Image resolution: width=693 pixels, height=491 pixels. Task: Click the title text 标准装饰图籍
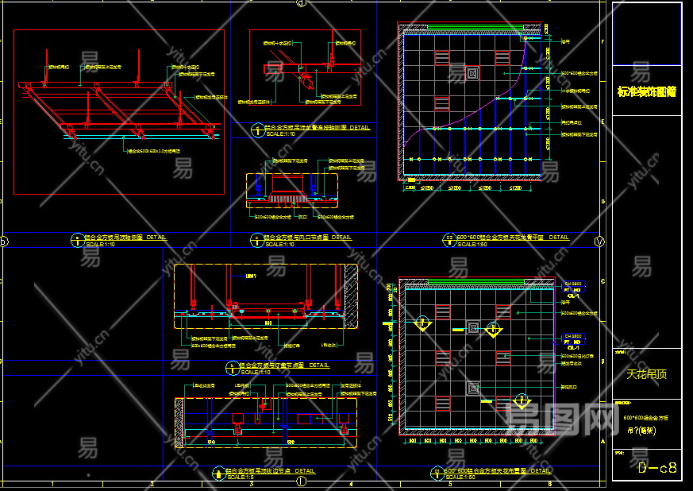click(646, 91)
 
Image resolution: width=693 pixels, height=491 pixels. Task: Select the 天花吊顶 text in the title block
click(646, 373)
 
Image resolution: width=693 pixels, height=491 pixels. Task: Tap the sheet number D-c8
click(658, 468)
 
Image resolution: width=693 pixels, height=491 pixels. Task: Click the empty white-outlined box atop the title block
click(646, 33)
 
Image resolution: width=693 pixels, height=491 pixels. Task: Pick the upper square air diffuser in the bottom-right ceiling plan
click(473, 327)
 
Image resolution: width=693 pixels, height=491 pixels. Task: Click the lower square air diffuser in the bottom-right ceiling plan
click(473, 389)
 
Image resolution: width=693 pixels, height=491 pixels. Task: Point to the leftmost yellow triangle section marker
click(422, 324)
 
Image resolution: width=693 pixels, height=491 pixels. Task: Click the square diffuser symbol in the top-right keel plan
click(473, 74)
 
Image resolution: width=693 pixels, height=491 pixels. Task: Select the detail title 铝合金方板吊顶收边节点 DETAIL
click(270, 471)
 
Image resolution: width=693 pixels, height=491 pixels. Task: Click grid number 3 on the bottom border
click(251, 483)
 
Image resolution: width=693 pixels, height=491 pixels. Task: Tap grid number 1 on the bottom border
click(52, 483)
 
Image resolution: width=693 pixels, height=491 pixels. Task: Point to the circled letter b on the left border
click(3, 242)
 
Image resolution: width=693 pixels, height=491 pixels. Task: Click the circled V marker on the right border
click(599, 242)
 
